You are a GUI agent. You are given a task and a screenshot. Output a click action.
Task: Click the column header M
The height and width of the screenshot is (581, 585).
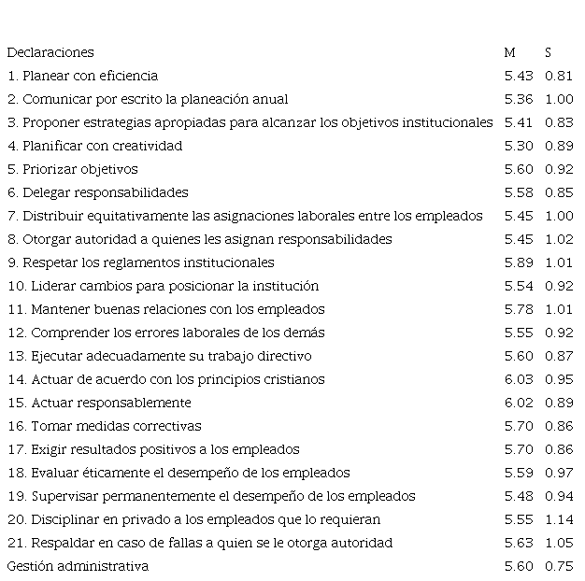point(509,52)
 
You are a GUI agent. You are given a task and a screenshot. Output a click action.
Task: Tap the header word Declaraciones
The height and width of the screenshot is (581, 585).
point(50,52)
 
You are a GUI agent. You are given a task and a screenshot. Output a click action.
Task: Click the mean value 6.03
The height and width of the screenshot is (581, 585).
point(518,379)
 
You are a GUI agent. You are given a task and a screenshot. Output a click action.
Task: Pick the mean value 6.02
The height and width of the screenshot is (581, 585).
point(518,403)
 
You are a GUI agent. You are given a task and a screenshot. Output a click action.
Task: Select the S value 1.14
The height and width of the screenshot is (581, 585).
point(558,519)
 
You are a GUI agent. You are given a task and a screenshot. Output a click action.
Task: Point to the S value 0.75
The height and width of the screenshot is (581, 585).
point(558,566)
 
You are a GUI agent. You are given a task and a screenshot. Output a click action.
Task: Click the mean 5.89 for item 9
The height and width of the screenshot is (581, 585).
point(518,262)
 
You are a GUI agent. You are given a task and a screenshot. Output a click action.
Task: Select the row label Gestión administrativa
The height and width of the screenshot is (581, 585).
point(78,566)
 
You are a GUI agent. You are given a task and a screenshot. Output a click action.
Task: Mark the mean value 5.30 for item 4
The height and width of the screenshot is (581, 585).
point(518,146)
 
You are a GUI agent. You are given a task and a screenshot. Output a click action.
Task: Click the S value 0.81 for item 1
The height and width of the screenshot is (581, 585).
point(558,76)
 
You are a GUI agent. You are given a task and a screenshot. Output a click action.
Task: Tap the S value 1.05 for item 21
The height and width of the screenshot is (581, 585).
point(558,543)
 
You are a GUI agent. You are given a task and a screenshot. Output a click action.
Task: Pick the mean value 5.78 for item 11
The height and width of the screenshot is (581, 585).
point(518,309)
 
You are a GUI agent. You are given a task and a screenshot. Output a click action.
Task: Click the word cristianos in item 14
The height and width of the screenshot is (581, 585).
point(293,379)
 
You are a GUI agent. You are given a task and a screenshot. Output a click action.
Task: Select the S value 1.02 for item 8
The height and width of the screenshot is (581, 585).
point(558,239)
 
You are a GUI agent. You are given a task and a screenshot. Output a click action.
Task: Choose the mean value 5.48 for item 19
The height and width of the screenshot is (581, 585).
point(518,496)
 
